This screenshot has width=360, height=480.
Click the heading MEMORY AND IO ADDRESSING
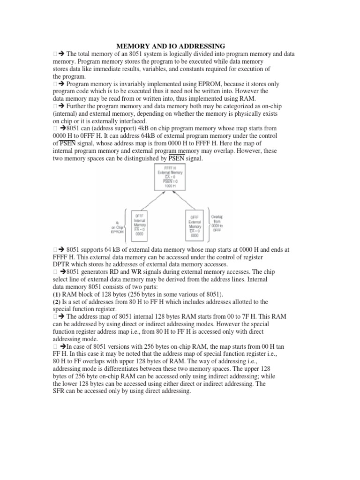pyautogui.click(x=171, y=46)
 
